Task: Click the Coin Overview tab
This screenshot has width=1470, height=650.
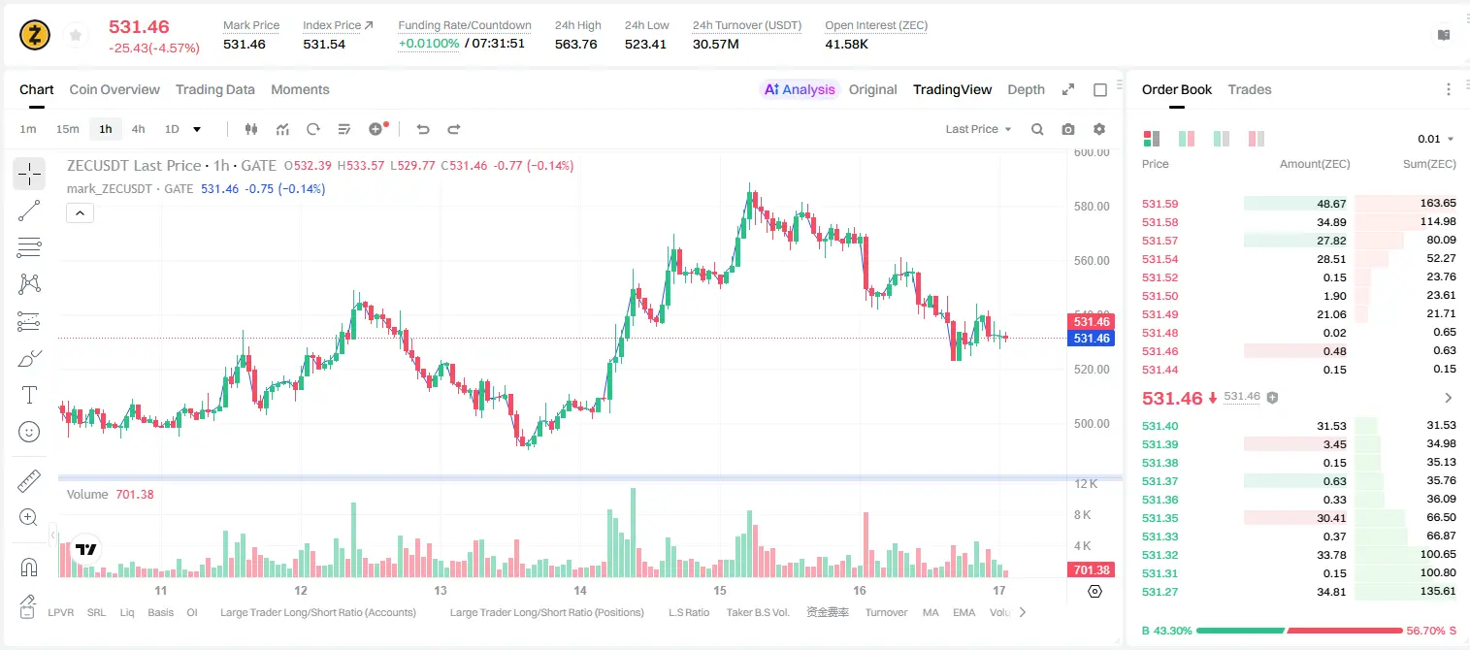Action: (x=114, y=89)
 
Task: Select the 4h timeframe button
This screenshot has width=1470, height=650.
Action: (x=138, y=129)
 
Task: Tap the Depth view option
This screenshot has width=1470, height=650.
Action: (x=1026, y=89)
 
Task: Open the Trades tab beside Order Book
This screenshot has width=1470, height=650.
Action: (x=1250, y=89)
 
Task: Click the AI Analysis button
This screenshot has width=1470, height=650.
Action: (x=800, y=89)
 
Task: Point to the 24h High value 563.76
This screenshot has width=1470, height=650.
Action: (x=575, y=44)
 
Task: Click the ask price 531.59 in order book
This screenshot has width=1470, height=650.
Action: (x=1160, y=204)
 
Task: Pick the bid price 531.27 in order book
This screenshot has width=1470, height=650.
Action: (x=1160, y=592)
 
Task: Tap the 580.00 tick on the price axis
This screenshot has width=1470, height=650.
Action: (x=1092, y=206)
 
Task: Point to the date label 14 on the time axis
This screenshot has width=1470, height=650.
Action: (x=580, y=590)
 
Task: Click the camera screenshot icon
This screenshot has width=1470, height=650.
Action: (x=1068, y=129)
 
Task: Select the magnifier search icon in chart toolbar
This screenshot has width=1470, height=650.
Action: (x=1037, y=129)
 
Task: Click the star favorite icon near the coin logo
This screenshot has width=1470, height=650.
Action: (x=76, y=35)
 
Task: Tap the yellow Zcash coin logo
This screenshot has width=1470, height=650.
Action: (x=35, y=35)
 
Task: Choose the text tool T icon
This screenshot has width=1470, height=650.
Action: (x=29, y=395)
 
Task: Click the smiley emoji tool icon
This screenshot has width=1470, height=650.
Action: (x=29, y=432)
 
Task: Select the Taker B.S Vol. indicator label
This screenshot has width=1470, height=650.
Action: (x=757, y=612)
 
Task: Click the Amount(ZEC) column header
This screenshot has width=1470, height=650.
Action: (x=1315, y=163)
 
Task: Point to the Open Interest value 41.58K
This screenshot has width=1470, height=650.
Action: (x=846, y=44)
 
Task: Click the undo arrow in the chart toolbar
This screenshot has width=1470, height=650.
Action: (x=423, y=129)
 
